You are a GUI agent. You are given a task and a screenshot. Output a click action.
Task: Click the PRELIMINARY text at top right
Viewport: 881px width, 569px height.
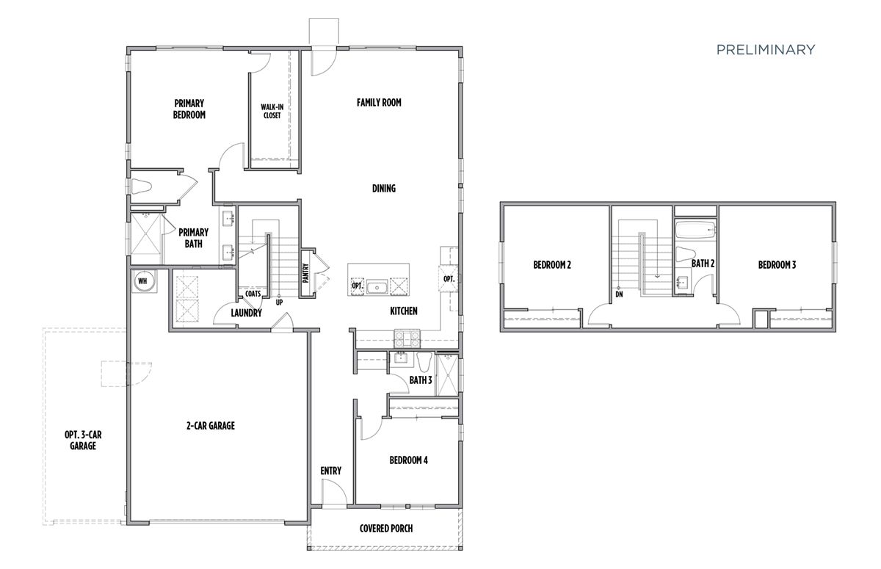[765, 50]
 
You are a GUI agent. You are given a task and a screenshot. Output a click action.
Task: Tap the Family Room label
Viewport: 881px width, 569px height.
[379, 103]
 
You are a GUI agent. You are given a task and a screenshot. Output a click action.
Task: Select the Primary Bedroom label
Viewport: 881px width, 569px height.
[189, 109]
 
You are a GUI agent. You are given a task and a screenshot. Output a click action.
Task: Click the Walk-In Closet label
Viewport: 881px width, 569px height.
[272, 111]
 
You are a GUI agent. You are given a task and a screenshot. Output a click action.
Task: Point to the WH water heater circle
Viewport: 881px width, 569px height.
[142, 281]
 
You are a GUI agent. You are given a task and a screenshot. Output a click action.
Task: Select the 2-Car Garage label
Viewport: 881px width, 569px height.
[210, 425]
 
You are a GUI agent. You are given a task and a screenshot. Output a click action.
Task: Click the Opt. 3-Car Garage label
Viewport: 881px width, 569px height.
[83, 440]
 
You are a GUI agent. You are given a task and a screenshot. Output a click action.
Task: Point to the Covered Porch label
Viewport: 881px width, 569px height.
[385, 529]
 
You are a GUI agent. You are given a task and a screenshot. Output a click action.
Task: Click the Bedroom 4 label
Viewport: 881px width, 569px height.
[408, 460]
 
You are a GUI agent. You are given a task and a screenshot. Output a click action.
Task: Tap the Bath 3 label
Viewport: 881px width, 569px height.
[421, 380]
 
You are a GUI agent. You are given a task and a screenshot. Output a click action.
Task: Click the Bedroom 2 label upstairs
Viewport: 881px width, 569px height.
[552, 265]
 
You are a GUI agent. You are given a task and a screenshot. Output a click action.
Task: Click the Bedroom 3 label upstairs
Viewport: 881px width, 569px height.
[777, 265]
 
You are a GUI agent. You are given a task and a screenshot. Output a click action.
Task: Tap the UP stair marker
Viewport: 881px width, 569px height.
[279, 302]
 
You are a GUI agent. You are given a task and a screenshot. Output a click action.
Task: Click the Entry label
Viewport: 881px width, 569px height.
[330, 471]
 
